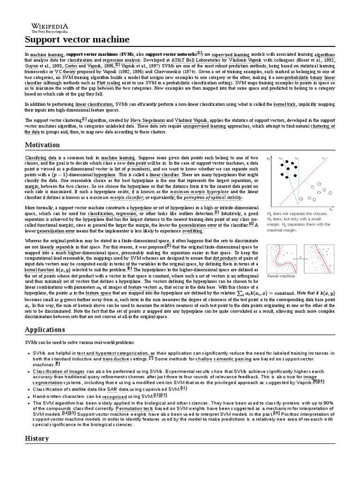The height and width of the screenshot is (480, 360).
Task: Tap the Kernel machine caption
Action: [281, 277]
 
